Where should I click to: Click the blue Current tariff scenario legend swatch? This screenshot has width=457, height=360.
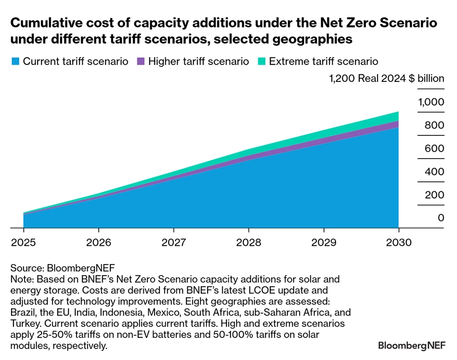tap(15, 62)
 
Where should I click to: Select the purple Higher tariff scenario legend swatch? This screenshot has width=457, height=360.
tap(141, 62)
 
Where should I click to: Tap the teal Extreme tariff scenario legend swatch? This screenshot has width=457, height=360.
tap(261, 62)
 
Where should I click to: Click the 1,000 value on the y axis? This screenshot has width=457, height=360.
tap(431, 102)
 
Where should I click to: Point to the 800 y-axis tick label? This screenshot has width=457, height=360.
tap(434, 125)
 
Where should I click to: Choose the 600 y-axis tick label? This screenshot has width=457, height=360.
tap(434, 148)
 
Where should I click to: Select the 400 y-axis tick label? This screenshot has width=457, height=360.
tap(434, 172)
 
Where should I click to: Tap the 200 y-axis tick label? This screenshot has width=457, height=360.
tap(434, 195)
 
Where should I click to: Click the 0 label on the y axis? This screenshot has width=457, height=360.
tap(441, 218)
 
